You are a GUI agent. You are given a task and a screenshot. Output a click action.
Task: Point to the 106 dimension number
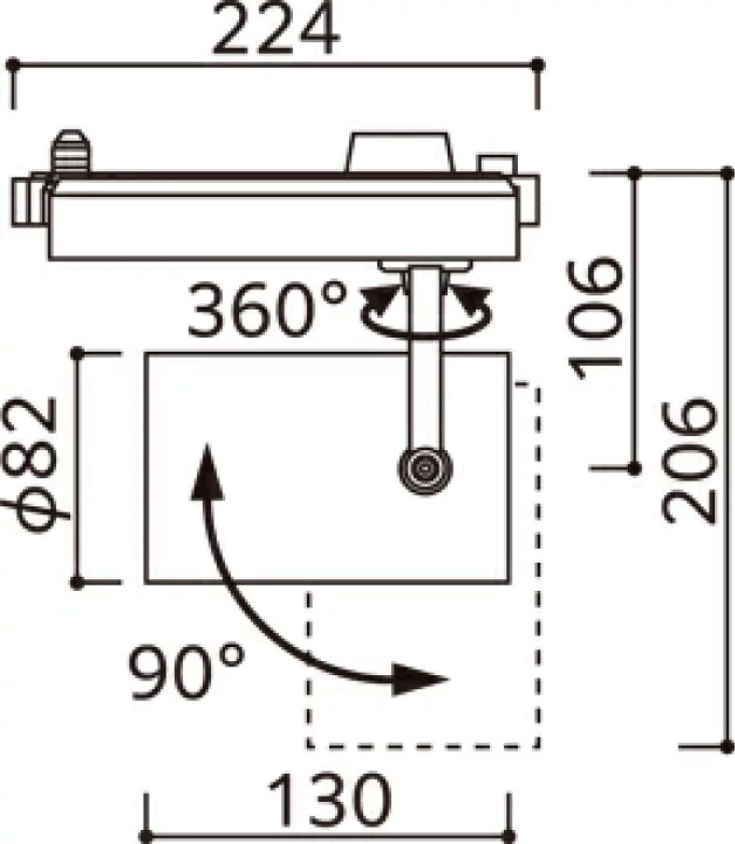point(598,317)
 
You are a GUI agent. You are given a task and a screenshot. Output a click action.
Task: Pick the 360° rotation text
point(266,309)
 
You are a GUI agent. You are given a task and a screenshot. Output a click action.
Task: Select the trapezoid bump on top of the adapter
point(400,153)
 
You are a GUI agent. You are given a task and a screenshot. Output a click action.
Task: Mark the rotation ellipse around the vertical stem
point(426,316)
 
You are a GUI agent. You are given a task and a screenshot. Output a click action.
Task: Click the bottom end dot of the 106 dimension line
point(634,467)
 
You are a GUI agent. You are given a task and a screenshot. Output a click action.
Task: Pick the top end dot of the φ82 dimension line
point(77,354)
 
